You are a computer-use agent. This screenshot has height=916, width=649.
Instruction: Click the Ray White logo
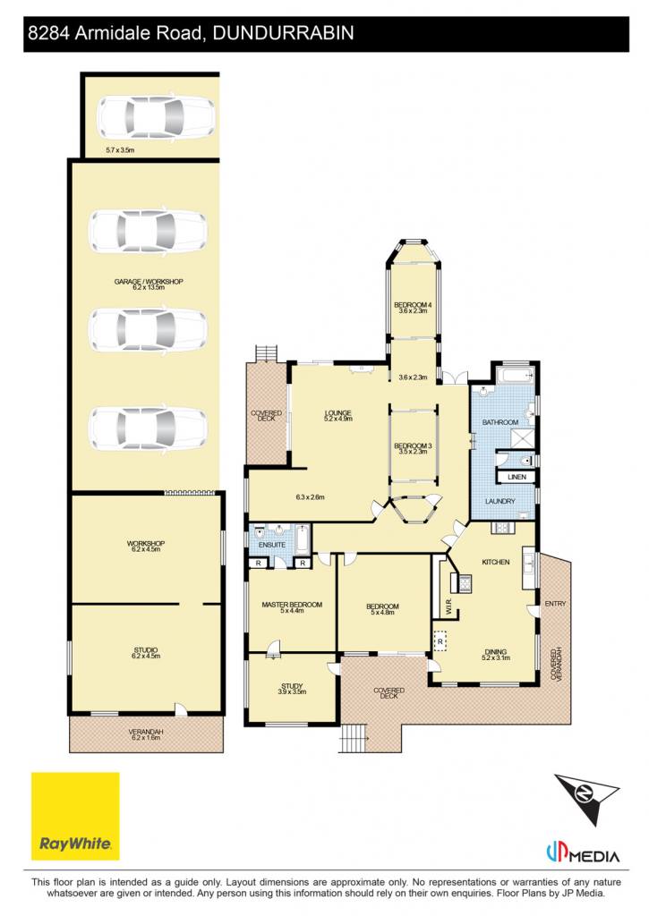(x=75, y=816)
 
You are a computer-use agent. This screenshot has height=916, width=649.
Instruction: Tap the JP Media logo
(x=583, y=856)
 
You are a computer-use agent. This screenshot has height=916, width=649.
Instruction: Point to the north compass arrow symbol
(x=585, y=798)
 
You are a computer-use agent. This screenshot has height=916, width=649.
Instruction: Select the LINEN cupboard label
(x=517, y=477)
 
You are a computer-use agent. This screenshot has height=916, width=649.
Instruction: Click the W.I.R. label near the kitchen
(x=448, y=608)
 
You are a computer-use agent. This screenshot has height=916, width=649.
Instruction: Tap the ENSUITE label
(x=272, y=545)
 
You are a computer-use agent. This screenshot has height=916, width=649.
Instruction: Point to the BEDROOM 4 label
(x=413, y=305)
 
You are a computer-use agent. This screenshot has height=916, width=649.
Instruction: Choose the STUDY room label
(x=292, y=686)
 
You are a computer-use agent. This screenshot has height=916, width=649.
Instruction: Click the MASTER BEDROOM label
(x=292, y=605)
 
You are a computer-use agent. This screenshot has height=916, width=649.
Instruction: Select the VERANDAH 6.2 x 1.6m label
(x=146, y=734)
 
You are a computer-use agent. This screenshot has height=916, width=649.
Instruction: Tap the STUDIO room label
(x=146, y=649)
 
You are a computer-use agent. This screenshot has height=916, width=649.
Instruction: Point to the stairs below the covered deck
(x=354, y=738)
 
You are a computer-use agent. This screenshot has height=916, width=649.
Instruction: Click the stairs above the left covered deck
(x=266, y=353)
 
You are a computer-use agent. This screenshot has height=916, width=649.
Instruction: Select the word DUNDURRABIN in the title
(x=283, y=32)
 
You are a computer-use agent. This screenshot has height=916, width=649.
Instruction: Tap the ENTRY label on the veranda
(x=555, y=604)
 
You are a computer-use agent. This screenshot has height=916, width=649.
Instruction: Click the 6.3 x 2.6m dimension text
(x=310, y=497)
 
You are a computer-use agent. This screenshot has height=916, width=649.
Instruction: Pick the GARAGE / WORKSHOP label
(x=149, y=282)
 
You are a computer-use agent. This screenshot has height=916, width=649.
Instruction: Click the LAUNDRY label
(x=500, y=501)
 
